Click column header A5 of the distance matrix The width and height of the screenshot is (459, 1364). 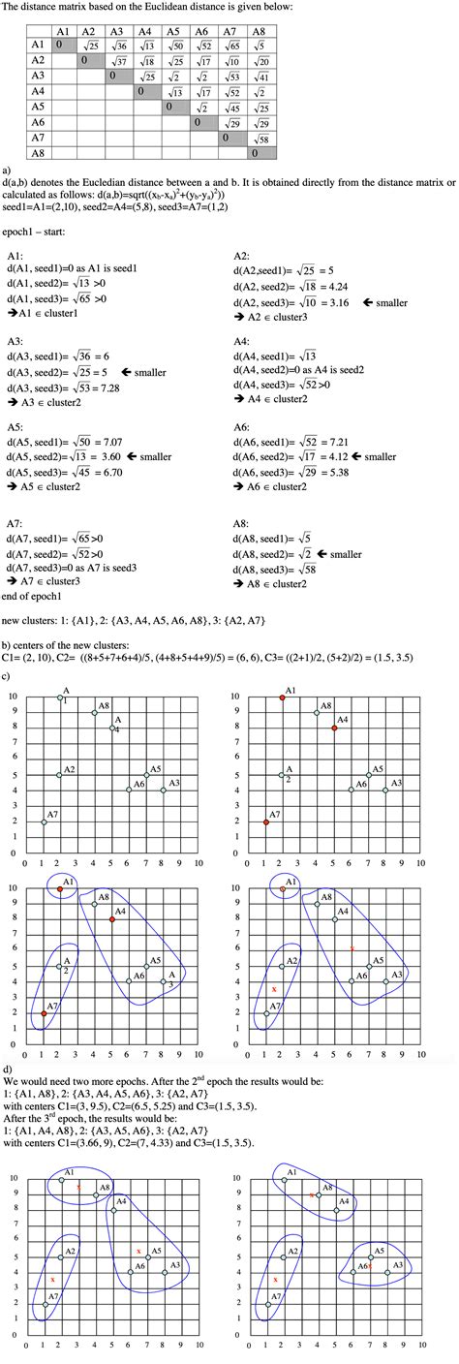coord(176,31)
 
